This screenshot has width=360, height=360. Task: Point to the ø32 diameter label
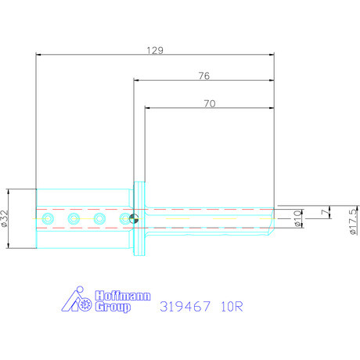coord(7,219)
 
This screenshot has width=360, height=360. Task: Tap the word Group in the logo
coord(113,307)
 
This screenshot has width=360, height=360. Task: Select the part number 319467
coord(185,306)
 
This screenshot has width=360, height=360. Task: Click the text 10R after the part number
coord(232,306)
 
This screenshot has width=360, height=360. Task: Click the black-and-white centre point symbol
coord(134,219)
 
